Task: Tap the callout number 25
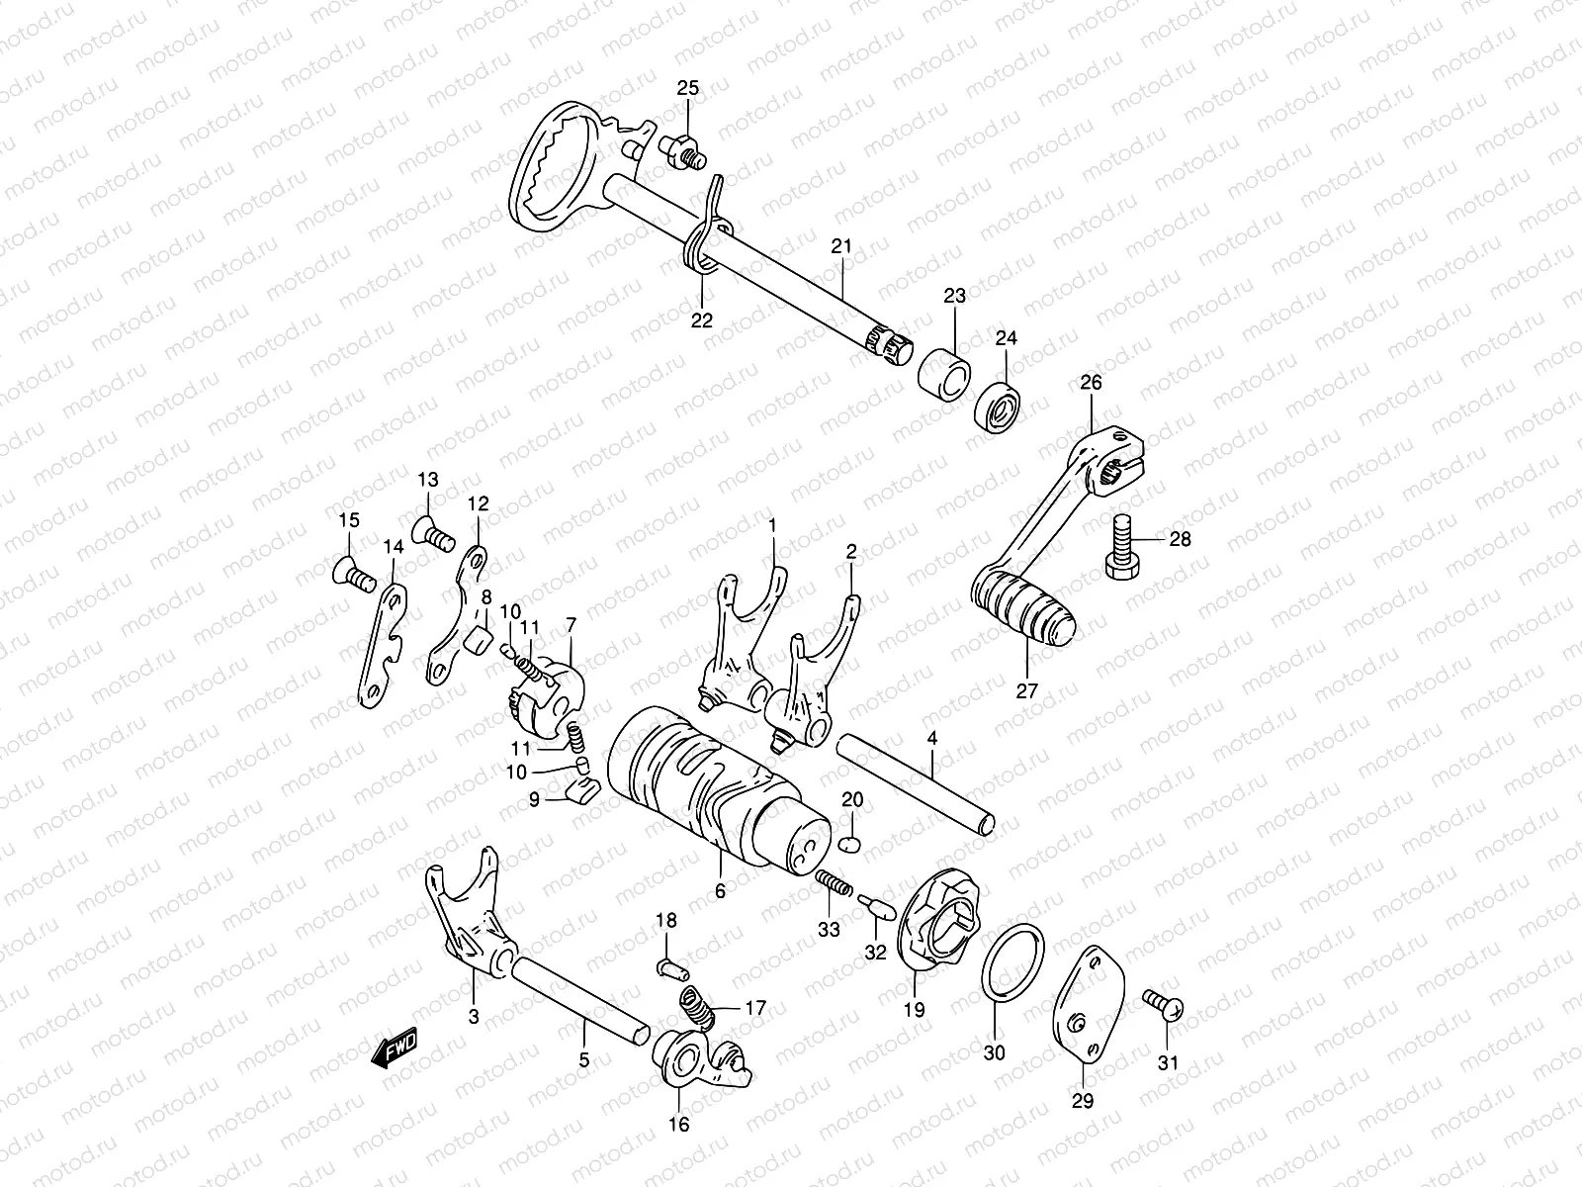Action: click(687, 89)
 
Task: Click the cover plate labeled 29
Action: click(1088, 1009)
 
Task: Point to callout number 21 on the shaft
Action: click(840, 245)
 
